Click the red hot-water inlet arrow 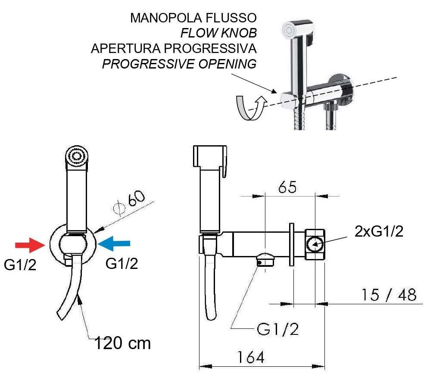[30, 245]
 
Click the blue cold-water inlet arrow [114, 244]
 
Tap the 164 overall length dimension [251, 357]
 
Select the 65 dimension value [287, 187]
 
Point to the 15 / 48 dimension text [389, 295]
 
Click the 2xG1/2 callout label [379, 231]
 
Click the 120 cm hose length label [123, 343]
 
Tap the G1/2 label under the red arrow [20, 265]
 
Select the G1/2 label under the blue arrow [122, 263]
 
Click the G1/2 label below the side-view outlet [277, 329]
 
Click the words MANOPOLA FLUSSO [193, 18]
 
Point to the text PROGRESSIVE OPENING [179, 64]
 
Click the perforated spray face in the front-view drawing [77, 156]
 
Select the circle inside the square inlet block [315, 244]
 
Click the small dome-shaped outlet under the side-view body [265, 259]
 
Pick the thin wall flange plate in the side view [292, 244]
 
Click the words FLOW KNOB [218, 33]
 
